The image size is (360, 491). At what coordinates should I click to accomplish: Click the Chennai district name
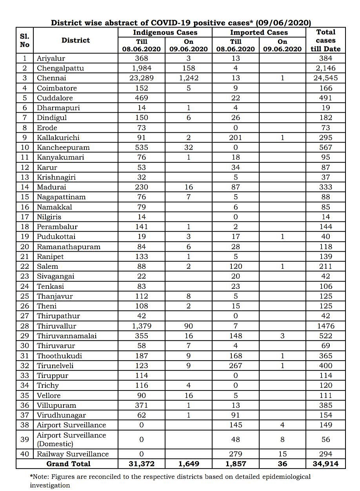[51, 78]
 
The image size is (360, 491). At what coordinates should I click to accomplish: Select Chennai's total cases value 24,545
[325, 78]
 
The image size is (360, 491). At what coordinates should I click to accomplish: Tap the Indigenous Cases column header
[165, 33]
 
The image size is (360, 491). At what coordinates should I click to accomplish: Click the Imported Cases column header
[259, 33]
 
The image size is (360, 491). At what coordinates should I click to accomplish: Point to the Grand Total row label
[68, 464]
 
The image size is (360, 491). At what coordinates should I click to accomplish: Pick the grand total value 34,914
[325, 464]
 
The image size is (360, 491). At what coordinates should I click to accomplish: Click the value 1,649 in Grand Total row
[188, 464]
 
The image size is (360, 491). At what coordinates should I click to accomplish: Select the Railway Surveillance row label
[73, 454]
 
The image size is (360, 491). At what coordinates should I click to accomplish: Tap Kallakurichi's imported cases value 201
[236, 137]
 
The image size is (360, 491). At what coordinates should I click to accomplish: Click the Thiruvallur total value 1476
[325, 326]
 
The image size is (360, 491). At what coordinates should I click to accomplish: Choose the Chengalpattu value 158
[188, 68]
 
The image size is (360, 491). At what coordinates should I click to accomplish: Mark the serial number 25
[24, 296]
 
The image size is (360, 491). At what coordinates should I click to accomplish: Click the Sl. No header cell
[24, 40]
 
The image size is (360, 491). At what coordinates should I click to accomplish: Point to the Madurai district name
[51, 187]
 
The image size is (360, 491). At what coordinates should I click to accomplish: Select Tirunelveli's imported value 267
[236, 365]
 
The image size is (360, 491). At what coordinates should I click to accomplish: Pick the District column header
[76, 40]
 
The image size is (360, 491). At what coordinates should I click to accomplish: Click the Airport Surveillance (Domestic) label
[71, 440]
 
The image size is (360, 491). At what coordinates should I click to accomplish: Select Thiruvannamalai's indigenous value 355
[142, 336]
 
